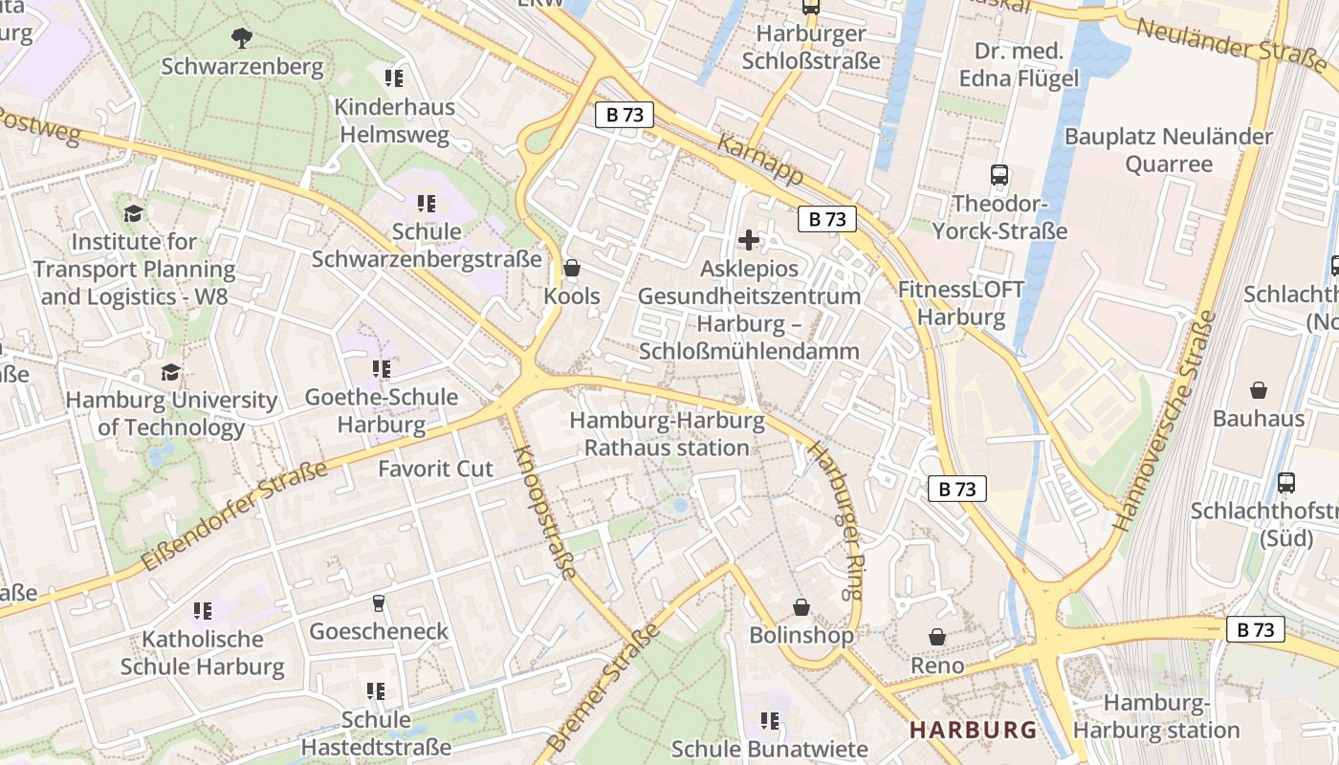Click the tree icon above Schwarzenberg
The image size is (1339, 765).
pyautogui.click(x=242, y=37)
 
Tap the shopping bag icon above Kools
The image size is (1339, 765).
pyautogui.click(x=572, y=268)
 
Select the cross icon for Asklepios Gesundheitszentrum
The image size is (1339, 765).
pyautogui.click(x=749, y=239)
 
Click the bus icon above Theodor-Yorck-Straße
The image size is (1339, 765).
pyautogui.click(x=999, y=175)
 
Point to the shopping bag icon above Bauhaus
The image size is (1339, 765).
pyautogui.click(x=1259, y=390)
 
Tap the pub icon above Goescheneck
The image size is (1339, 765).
pyautogui.click(x=379, y=602)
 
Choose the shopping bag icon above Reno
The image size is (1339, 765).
pyautogui.click(x=937, y=636)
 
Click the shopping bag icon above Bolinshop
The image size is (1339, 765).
pyautogui.click(x=801, y=607)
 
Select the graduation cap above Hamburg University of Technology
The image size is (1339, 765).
pyautogui.click(x=171, y=372)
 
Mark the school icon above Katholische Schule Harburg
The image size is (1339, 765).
pyautogui.click(x=203, y=610)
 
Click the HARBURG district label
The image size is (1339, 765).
pyautogui.click(x=973, y=730)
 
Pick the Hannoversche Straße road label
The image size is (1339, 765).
pyautogui.click(x=1164, y=421)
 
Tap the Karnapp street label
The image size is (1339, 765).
pyautogui.click(x=759, y=160)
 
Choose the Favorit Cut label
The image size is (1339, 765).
pyautogui.click(x=435, y=469)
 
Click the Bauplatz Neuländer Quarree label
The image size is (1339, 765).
pyautogui.click(x=1168, y=150)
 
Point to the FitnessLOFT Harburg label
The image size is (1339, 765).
pyautogui.click(x=960, y=303)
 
